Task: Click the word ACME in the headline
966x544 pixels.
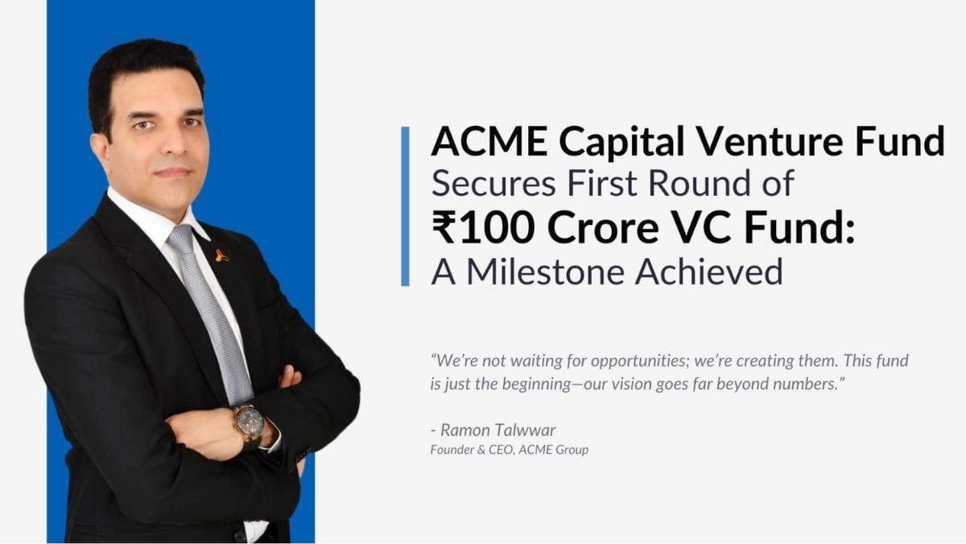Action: pos(489,142)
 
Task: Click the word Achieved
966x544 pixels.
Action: pos(709,272)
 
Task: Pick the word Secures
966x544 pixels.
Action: pos(493,184)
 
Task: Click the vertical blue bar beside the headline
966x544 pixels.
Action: pos(405,206)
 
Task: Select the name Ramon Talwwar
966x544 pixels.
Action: pos(497,430)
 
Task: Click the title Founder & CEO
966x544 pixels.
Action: pos(472,450)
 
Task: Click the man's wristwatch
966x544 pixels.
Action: pos(250,423)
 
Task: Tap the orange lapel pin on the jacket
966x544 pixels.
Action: pos(221,255)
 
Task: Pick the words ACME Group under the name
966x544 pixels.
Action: pos(553,450)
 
